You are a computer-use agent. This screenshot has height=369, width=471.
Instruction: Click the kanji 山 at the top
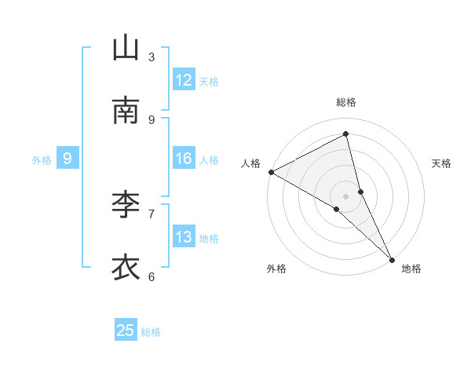(126, 49)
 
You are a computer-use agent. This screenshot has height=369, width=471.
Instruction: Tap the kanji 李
(126, 205)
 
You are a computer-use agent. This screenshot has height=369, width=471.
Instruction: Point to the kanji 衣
(126, 268)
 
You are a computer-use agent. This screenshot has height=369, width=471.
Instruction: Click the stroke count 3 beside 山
(152, 57)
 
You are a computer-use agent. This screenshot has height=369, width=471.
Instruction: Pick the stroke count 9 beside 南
(152, 120)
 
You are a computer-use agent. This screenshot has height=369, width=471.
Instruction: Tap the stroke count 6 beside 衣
(152, 276)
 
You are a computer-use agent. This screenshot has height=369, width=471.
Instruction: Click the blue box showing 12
(184, 80)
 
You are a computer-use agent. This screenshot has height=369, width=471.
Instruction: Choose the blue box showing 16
(184, 159)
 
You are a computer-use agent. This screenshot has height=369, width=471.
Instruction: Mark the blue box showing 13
(184, 237)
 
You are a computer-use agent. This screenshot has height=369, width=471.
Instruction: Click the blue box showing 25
(126, 331)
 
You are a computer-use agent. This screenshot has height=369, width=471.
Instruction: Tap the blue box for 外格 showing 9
(68, 159)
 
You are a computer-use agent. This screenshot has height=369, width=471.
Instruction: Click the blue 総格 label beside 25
(151, 332)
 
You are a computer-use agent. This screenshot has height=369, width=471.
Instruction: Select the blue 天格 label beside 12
(209, 82)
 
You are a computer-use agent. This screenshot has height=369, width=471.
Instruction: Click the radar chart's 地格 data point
(392, 258)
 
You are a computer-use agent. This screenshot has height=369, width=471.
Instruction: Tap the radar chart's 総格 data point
(346, 133)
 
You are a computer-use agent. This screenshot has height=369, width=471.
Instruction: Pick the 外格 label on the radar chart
(276, 269)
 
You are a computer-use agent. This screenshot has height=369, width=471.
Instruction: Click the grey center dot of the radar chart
(346, 195)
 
